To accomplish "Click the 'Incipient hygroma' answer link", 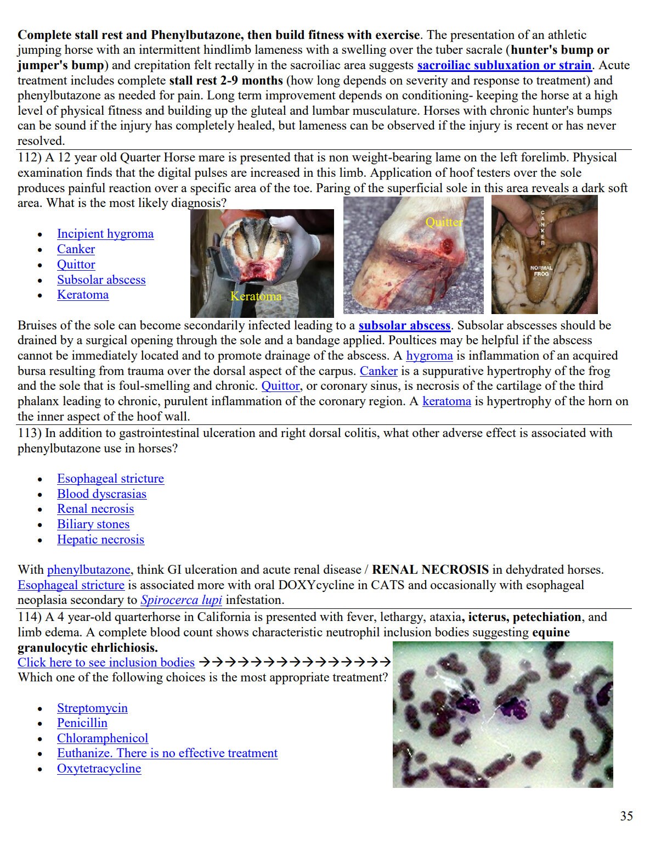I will pos(105,234).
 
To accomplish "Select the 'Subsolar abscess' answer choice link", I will pos(101,280).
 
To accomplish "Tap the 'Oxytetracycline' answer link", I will pos(99,769).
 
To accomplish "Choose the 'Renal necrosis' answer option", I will pos(95,509).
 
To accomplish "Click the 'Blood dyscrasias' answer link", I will pos(101,494).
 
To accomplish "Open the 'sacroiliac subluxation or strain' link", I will pos(504,65).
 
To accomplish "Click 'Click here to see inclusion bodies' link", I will pos(106,663).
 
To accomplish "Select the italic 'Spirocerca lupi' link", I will pos(181,600).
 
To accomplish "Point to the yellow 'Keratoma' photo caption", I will pos(256,296).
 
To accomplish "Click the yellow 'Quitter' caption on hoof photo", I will pos(444,222).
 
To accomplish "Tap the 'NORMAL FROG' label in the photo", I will pos(541,271).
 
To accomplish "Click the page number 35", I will pos(626,816).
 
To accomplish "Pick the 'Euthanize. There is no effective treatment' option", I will pos(167,753).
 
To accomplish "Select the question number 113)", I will pos(30,433).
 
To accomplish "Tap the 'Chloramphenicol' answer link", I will pos(103,738).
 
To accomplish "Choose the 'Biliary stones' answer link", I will pos(93,524).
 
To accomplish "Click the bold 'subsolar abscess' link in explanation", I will pos(404,326).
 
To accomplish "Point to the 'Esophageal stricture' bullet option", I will pos(110,479).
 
